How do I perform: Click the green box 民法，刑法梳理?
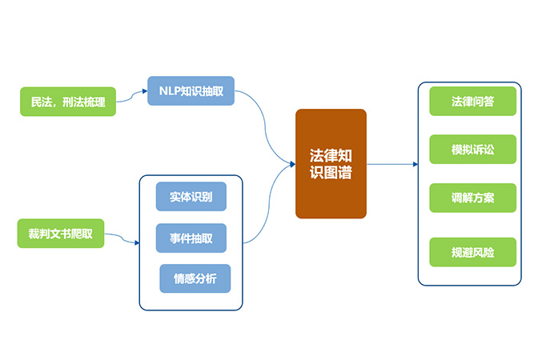68,102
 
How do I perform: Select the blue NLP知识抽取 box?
191,91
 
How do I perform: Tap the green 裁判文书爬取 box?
61,233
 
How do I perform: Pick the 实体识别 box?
191,196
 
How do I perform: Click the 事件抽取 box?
191,238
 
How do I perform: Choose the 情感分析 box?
195,278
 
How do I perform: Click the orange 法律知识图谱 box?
331,163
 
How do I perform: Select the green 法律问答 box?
472,101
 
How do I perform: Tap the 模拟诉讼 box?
472,150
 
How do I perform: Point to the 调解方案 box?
472,198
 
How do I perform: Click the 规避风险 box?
472,252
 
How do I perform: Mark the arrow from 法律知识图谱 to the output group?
392,164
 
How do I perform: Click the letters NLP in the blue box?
168,91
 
